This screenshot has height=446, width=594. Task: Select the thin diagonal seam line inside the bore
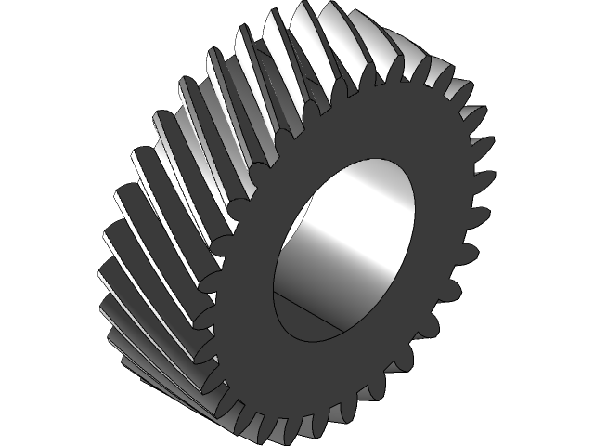(320, 310)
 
